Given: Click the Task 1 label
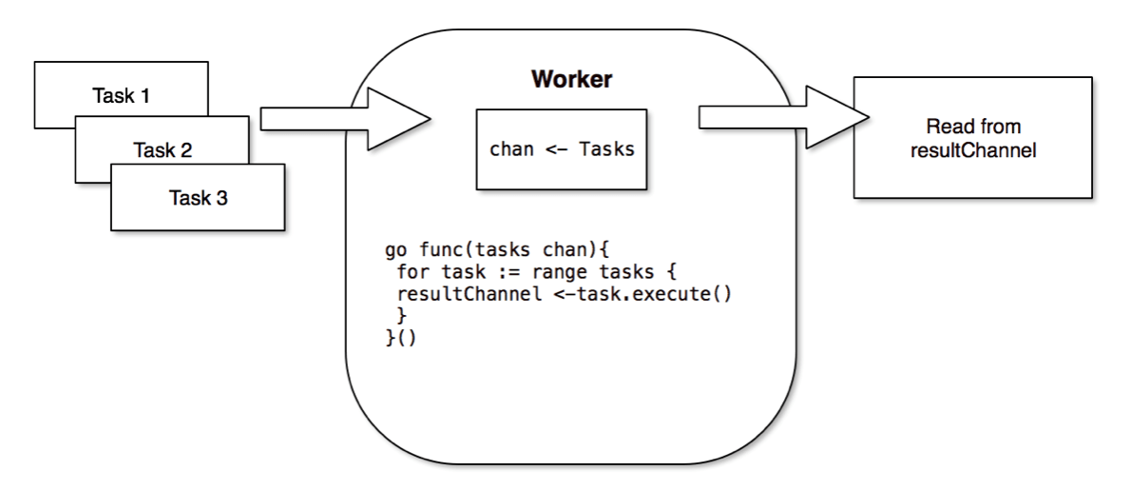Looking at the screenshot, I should coord(121,95).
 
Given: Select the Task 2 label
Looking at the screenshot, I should coord(162,149).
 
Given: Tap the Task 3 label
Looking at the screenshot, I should coord(198,198).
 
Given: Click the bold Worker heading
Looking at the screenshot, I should coord(570,79).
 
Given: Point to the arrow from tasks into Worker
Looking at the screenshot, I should coord(346,119).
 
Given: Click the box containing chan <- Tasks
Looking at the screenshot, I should coord(561,148).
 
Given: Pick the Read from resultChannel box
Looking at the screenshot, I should coord(972,138).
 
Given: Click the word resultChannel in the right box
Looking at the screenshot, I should coord(972,148).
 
